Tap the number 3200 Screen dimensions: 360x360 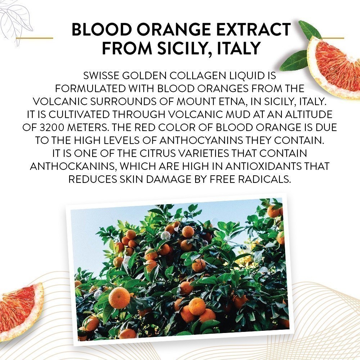[51, 127]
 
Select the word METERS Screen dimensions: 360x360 [88, 127]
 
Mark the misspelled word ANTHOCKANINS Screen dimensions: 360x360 [73, 166]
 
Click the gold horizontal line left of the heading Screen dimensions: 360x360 [35, 38]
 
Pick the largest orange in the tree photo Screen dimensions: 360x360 [119, 298]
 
